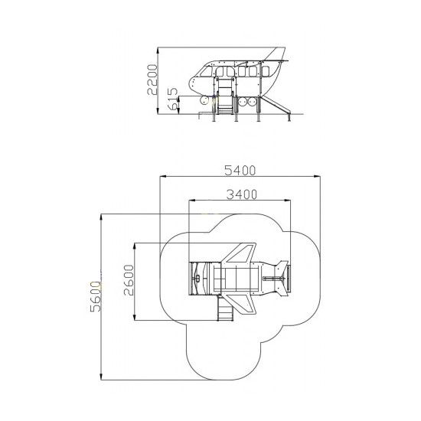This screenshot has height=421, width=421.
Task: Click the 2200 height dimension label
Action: (152, 80)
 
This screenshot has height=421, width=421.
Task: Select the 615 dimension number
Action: (173, 98)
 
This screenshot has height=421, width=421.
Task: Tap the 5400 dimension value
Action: (240, 170)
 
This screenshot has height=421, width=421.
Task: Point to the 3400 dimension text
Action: (242, 194)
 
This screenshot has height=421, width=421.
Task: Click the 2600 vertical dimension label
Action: (129, 280)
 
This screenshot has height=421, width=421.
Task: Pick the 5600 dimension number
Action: (96, 296)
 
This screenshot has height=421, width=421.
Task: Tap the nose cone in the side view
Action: (194, 85)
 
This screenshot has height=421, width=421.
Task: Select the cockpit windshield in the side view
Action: (206, 71)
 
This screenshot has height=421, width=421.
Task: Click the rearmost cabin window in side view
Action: (266, 71)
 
